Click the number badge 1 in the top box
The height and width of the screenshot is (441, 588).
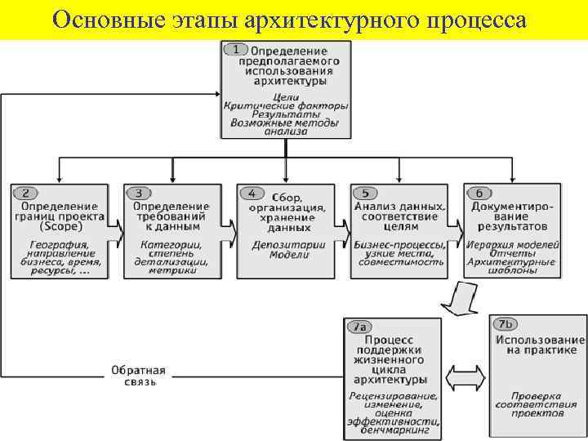(x=236, y=50)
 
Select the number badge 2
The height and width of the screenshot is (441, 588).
(x=24, y=194)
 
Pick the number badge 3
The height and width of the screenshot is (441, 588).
(x=138, y=194)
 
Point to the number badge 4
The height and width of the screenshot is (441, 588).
(x=252, y=194)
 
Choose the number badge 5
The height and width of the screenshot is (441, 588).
(x=365, y=194)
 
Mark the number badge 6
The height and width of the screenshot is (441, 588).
(x=479, y=194)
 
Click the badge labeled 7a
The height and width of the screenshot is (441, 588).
(x=359, y=327)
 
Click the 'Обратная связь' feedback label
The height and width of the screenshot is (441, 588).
(x=138, y=376)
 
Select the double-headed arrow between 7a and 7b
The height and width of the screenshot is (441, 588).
(x=466, y=377)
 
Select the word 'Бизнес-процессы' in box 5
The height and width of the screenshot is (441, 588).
(x=400, y=245)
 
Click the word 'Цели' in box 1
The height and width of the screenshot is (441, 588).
(x=285, y=96)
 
